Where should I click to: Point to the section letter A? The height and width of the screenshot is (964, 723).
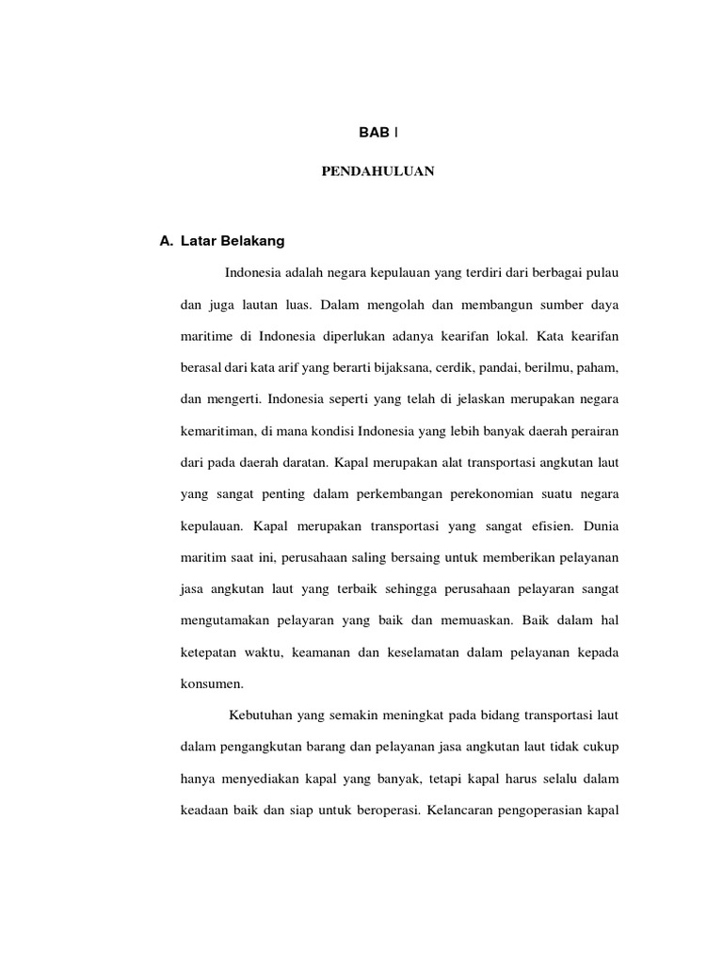point(166,241)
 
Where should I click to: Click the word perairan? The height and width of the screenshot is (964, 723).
point(591,430)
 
